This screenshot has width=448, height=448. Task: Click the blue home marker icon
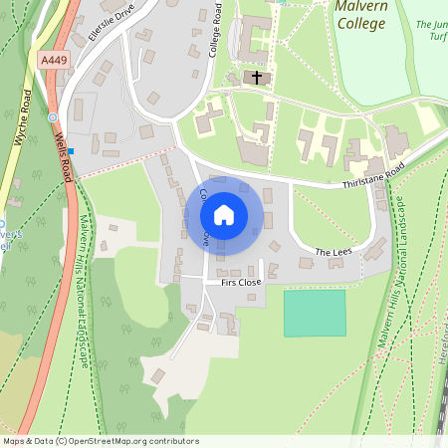224,215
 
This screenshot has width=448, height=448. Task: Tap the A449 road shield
54,61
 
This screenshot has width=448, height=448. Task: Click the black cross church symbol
257,76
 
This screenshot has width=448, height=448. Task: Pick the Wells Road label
63,156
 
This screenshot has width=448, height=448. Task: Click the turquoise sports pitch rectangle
315,313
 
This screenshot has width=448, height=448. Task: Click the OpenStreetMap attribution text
101,440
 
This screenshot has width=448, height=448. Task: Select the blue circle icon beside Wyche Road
52,116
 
